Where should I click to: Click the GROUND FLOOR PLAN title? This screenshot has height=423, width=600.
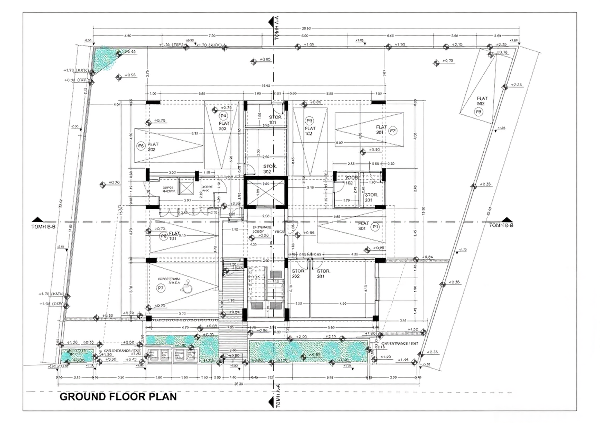[118, 397]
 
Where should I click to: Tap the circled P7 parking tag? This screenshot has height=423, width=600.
[161, 288]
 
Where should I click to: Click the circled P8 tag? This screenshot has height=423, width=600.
[478, 112]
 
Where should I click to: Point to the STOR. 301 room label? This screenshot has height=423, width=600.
[323, 273]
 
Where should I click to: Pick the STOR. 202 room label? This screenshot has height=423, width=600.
[298, 273]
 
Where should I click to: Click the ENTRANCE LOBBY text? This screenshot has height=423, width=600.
[262, 229]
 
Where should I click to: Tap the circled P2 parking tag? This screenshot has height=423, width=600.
[392, 131]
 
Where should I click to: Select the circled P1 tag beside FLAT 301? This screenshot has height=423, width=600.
[375, 227]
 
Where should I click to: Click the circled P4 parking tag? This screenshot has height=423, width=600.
[223, 116]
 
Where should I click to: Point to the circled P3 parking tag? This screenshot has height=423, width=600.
[309, 121]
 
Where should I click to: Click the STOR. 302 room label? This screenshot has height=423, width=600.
[270, 169]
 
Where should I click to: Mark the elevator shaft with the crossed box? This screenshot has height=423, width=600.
[265, 192]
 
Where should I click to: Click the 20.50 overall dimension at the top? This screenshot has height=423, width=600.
[306, 29]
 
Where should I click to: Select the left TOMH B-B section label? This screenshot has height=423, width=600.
[43, 227]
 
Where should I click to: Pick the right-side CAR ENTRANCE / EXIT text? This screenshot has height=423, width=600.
[400, 343]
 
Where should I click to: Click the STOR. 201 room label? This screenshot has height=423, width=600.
[371, 197]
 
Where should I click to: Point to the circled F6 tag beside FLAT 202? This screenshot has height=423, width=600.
[141, 146]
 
